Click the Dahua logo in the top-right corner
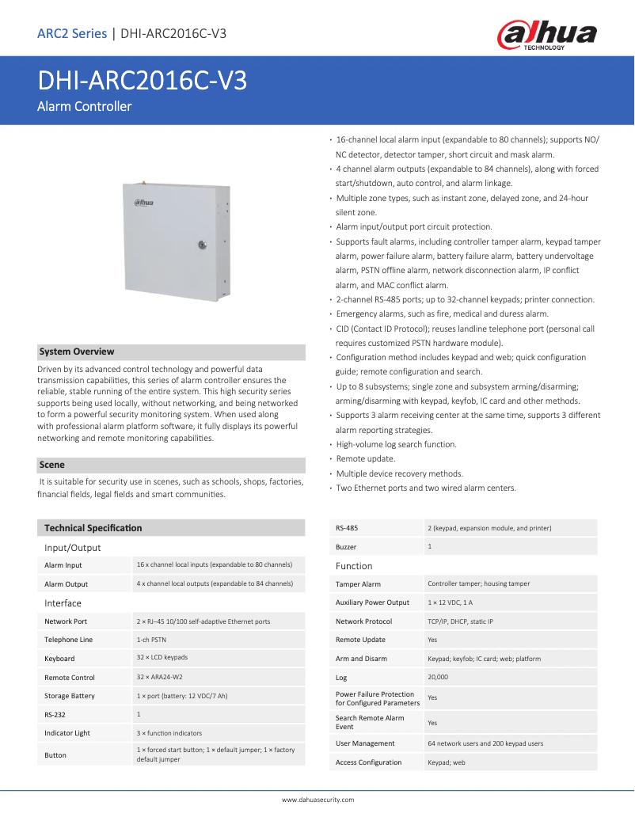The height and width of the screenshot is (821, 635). point(546,36)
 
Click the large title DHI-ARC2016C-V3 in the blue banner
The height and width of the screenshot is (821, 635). point(142,82)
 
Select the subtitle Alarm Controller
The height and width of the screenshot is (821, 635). point(84,106)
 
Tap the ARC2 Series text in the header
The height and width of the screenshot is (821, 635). point(72,33)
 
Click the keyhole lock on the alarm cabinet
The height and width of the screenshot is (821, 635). point(202,245)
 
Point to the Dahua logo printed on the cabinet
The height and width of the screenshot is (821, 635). point(143,203)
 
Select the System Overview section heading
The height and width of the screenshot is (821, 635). point(77,352)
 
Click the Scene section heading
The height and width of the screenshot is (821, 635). point(52,465)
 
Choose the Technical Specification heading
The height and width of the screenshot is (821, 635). point(93,527)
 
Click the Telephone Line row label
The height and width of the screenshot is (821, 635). point(68,640)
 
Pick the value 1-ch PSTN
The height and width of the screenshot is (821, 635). point(151,639)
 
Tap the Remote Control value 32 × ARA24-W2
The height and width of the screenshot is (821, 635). point(159,677)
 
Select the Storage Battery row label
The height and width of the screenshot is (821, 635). point(70,696)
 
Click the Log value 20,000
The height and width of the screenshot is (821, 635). point(439,677)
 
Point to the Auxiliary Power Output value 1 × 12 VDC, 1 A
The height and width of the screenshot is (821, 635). point(450,602)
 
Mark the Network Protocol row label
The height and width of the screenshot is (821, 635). point(363,621)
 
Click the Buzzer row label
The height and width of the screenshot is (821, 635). point(346,547)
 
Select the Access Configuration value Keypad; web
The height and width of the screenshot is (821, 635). point(447,762)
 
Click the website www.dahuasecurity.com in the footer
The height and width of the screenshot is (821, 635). point(317,800)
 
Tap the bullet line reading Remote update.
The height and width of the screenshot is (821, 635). point(366,459)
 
